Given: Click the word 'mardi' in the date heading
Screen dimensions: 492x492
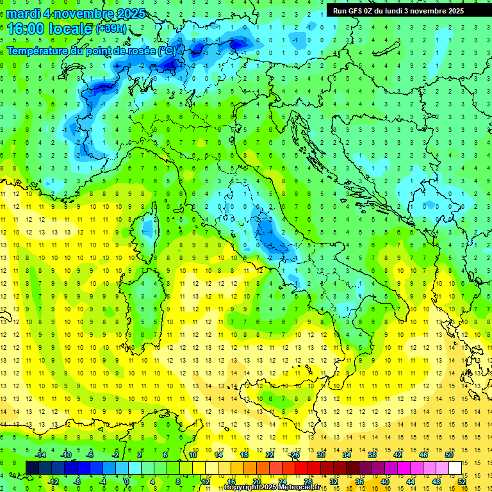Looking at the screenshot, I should click(x=24, y=13).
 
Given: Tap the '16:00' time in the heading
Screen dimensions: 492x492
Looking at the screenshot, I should click(x=27, y=29).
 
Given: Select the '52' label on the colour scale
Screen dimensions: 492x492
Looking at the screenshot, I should click(x=461, y=481).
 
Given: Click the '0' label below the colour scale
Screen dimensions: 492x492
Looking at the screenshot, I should click(x=127, y=481).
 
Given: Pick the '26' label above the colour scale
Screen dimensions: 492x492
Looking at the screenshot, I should click(x=295, y=455).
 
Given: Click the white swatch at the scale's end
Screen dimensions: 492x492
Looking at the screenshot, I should click(x=455, y=468).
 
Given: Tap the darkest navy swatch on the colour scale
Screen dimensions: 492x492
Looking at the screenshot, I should click(x=33, y=468).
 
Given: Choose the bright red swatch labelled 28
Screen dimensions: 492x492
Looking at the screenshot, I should click(x=307, y=468).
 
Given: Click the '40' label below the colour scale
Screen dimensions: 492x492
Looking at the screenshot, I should click(x=384, y=481).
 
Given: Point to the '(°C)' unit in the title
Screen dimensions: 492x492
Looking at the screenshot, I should click(x=166, y=51).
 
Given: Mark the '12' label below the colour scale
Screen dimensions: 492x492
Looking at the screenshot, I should click(x=206, y=481).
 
